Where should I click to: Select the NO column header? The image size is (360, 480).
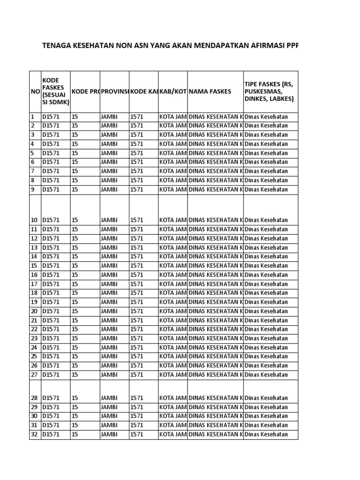(x=35, y=92)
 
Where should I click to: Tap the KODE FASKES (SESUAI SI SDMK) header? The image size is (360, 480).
(x=56, y=91)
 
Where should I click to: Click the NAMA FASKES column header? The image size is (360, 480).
(x=210, y=92)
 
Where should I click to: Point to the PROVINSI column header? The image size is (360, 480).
(x=114, y=92)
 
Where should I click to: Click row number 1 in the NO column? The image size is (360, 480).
(x=33, y=117)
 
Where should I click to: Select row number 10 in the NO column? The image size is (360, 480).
(x=34, y=220)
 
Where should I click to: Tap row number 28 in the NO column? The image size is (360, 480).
(x=34, y=398)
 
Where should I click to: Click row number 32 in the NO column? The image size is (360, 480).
(x=34, y=435)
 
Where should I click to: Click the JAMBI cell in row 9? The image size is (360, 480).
(x=109, y=189)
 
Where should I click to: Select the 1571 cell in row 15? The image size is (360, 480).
(x=137, y=266)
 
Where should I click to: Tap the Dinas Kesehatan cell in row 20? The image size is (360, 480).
(x=266, y=311)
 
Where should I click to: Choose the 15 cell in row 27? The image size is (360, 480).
(x=75, y=375)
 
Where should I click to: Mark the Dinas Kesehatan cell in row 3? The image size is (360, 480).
(x=266, y=135)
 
